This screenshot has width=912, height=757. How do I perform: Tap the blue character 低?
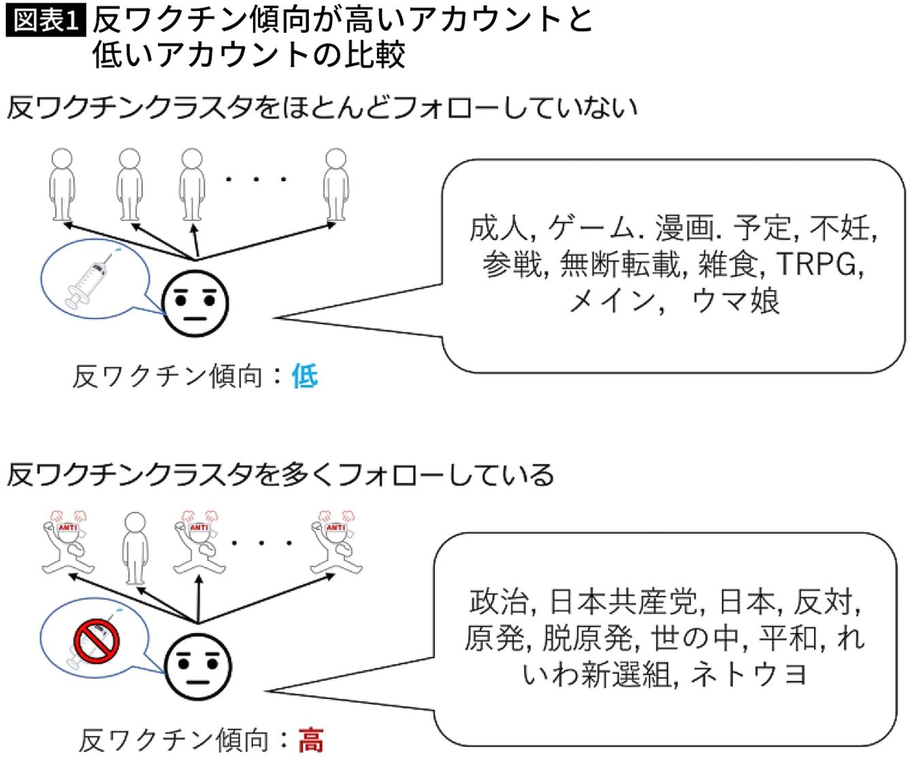pyautogui.click(x=304, y=375)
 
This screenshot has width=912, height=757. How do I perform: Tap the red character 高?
pyautogui.click(x=310, y=740)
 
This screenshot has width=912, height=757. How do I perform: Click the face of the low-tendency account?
pyautogui.click(x=195, y=303)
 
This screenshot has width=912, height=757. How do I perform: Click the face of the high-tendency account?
pyautogui.click(x=198, y=667)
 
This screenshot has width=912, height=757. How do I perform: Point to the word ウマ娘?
pyautogui.click(x=735, y=301)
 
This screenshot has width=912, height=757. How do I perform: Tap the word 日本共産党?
pyautogui.click(x=623, y=601)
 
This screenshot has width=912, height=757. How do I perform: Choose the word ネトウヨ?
pyautogui.click(x=749, y=674)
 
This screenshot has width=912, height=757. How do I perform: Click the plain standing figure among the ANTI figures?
pyautogui.click(x=135, y=548)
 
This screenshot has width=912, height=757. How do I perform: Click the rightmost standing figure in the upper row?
pyautogui.click(x=336, y=184)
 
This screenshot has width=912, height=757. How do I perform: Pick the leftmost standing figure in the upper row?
pyautogui.click(x=63, y=184)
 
